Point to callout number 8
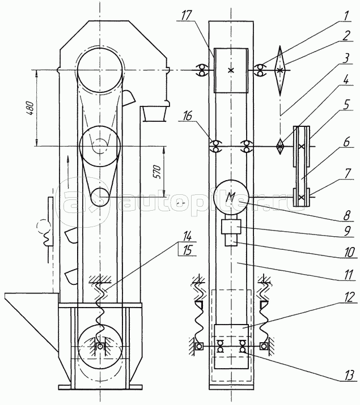(347, 215)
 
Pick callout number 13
(349, 375)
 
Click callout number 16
(188, 116)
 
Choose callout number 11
(348, 274)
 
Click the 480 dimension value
(30, 108)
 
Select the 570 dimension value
(158, 172)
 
